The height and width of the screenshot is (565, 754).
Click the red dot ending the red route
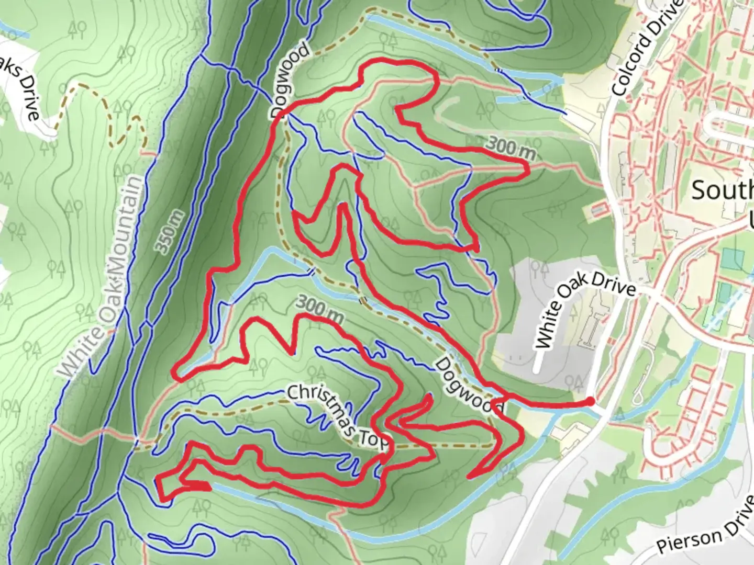tap(590, 401)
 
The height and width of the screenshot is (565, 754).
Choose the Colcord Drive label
tap(648, 48)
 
